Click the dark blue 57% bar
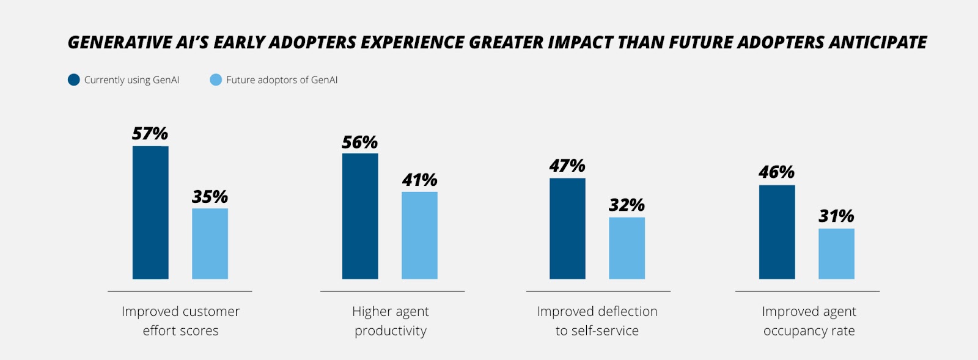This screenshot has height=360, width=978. click(150, 213)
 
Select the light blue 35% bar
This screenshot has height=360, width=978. click(210, 244)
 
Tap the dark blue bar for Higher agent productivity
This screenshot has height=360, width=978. click(360, 216)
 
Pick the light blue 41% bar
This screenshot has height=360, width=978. click(419, 235)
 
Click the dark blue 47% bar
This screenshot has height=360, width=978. click(567, 229)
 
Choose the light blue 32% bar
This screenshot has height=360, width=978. click(627, 248)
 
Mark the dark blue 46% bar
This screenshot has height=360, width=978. click(777, 232)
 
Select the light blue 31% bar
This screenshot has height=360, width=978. click(836, 254)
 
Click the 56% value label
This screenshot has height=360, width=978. click(359, 142)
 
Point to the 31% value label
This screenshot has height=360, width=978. click(836, 216)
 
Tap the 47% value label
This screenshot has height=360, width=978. click(567, 166)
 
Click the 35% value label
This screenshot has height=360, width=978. click(210, 197)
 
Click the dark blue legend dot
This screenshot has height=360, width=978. click(73, 80)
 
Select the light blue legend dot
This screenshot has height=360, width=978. click(216, 80)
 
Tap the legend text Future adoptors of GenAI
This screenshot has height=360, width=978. click(282, 80)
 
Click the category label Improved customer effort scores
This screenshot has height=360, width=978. click(180, 321)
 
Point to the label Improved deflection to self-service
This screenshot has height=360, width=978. click(597, 321)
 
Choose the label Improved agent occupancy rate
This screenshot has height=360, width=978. click(809, 321)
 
